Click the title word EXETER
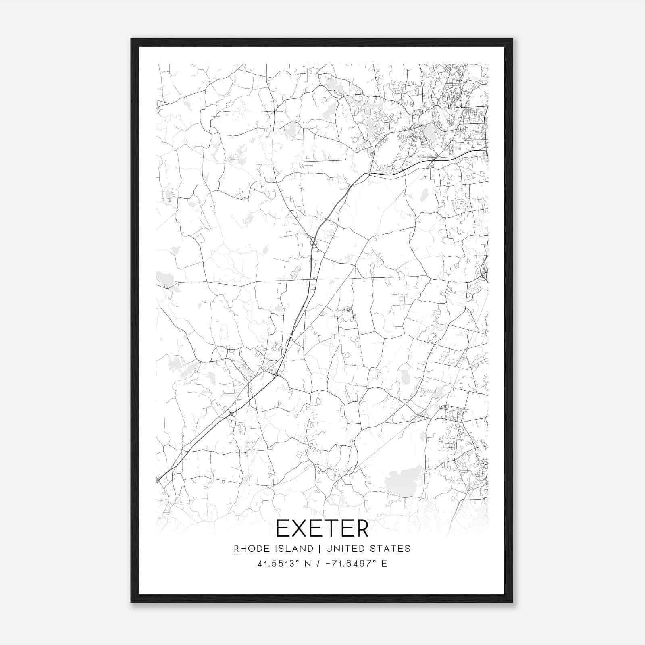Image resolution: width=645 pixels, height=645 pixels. click(x=322, y=528)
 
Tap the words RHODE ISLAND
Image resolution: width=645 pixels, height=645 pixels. click(x=273, y=549)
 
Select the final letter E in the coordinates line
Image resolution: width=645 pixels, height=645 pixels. click(x=384, y=564)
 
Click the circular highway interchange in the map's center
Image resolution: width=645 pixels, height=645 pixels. click(x=314, y=243)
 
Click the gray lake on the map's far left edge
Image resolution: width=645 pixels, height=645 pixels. click(x=164, y=279)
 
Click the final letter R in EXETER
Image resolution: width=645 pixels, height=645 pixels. click(x=362, y=528)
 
